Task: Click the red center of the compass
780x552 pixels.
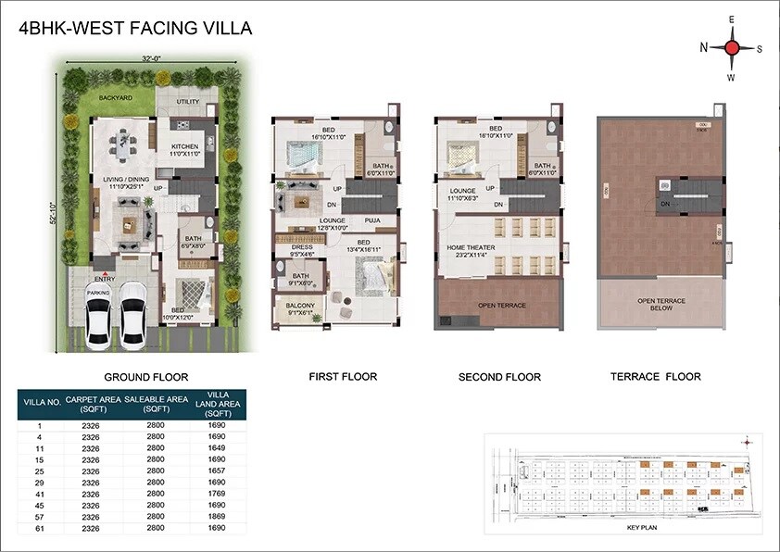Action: (x=731, y=48)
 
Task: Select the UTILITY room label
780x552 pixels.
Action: (x=188, y=102)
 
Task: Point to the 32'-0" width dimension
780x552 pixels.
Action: (x=152, y=58)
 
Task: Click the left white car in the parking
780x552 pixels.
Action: (x=98, y=320)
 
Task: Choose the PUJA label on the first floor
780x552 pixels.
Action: (x=372, y=220)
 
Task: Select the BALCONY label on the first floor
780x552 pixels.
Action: (x=300, y=306)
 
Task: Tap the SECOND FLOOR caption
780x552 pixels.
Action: (x=499, y=377)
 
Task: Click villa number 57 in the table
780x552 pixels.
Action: (x=40, y=516)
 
